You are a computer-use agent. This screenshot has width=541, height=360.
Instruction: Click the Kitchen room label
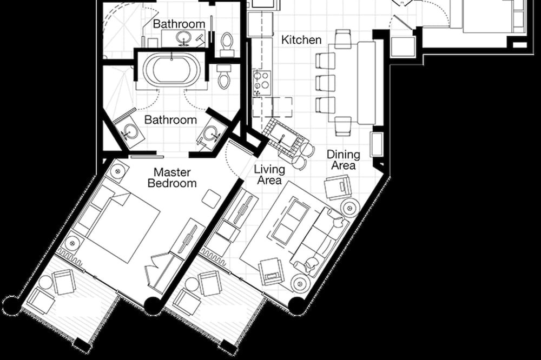click(x=301, y=40)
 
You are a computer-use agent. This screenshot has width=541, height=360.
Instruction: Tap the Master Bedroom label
click(x=172, y=178)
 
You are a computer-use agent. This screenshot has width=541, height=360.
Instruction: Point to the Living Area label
click(x=269, y=175)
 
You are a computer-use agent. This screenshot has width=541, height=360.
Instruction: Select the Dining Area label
click(x=344, y=159)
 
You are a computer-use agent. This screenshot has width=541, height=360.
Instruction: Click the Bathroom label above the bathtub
click(x=179, y=24)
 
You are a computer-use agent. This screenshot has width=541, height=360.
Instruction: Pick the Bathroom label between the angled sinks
click(x=170, y=120)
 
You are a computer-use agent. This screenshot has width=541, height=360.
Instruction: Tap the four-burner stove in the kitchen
click(x=261, y=83)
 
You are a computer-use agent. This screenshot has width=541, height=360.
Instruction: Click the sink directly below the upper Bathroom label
click(x=183, y=38)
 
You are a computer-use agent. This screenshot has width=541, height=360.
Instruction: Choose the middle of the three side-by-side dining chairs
click(x=325, y=83)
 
